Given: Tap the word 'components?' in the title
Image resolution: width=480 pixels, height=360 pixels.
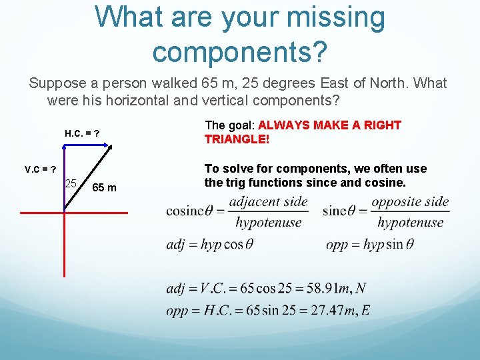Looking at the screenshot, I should (x=239, y=51).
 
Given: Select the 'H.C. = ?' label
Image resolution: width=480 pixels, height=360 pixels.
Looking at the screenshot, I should (x=82, y=133).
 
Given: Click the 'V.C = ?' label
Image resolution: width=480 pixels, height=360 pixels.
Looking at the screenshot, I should (x=40, y=169).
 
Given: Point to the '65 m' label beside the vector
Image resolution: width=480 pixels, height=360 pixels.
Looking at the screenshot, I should (x=104, y=188).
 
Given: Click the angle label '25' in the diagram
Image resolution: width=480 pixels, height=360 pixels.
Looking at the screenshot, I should (x=71, y=183).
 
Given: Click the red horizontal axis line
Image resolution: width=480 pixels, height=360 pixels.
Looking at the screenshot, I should (x=73, y=213).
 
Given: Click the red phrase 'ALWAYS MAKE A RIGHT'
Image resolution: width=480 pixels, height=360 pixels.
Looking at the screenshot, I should (x=329, y=125).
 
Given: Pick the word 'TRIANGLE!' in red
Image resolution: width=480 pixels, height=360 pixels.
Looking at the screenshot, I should (x=237, y=139).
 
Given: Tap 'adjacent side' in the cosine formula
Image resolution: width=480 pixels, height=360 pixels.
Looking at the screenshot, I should (x=268, y=201).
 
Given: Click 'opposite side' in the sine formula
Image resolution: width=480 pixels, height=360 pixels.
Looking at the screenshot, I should (x=410, y=201).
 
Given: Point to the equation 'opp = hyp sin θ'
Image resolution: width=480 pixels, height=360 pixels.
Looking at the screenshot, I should (x=369, y=245).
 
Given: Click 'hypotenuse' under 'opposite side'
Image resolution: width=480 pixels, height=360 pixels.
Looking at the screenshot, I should (x=410, y=223).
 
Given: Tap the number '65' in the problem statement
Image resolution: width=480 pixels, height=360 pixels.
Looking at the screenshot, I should (x=207, y=83).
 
